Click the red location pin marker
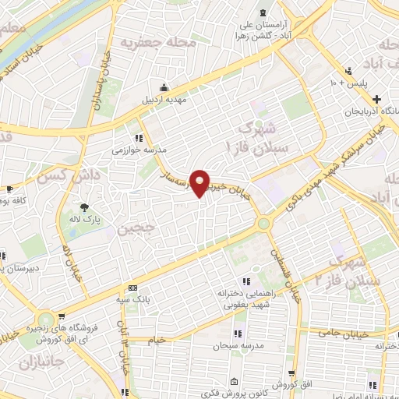pyautogui.click(x=201, y=183)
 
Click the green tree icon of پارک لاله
pyautogui.click(x=84, y=207)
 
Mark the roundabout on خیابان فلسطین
pyautogui.click(x=264, y=224)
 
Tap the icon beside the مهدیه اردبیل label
pyautogui.click(x=164, y=87)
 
